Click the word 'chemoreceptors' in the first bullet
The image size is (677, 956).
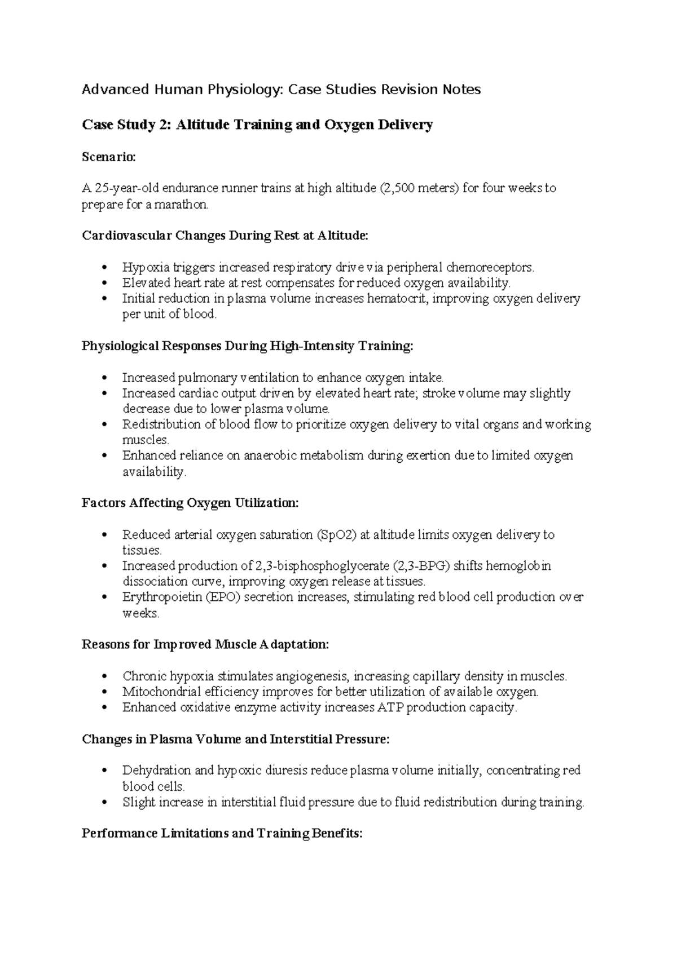click(489, 267)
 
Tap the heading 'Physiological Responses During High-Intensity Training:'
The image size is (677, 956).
click(248, 346)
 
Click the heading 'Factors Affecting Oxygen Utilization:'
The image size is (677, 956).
click(190, 503)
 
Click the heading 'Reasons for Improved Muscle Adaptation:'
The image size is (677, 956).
click(205, 644)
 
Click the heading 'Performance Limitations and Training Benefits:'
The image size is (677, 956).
click(222, 833)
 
